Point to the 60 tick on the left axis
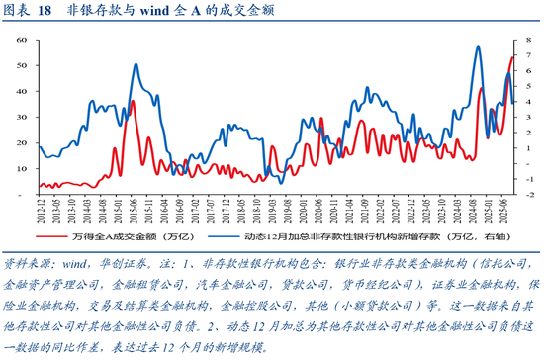click(x=21, y=39)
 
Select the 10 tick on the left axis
click(x=21, y=167)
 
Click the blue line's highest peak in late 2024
click(x=479, y=46)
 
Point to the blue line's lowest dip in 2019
click(x=280, y=183)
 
